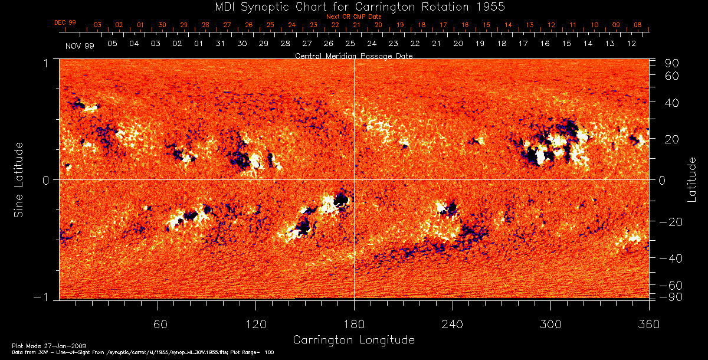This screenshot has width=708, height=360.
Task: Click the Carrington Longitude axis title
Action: click(353, 340)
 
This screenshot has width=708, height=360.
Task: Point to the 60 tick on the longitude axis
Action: click(158, 325)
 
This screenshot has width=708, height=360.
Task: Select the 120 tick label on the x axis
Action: click(255, 325)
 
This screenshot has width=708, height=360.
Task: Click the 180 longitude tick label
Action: click(353, 325)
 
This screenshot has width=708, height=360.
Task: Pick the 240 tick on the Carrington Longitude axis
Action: click(452, 325)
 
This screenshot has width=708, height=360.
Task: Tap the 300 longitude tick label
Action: click(550, 325)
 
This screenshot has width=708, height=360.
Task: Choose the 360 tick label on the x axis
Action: click(648, 325)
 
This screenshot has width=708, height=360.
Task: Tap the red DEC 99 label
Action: click(65, 22)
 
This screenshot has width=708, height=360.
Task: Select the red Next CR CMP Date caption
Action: click(353, 17)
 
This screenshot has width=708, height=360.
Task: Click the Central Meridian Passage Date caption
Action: click(353, 55)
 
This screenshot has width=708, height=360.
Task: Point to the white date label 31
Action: click(220, 44)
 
